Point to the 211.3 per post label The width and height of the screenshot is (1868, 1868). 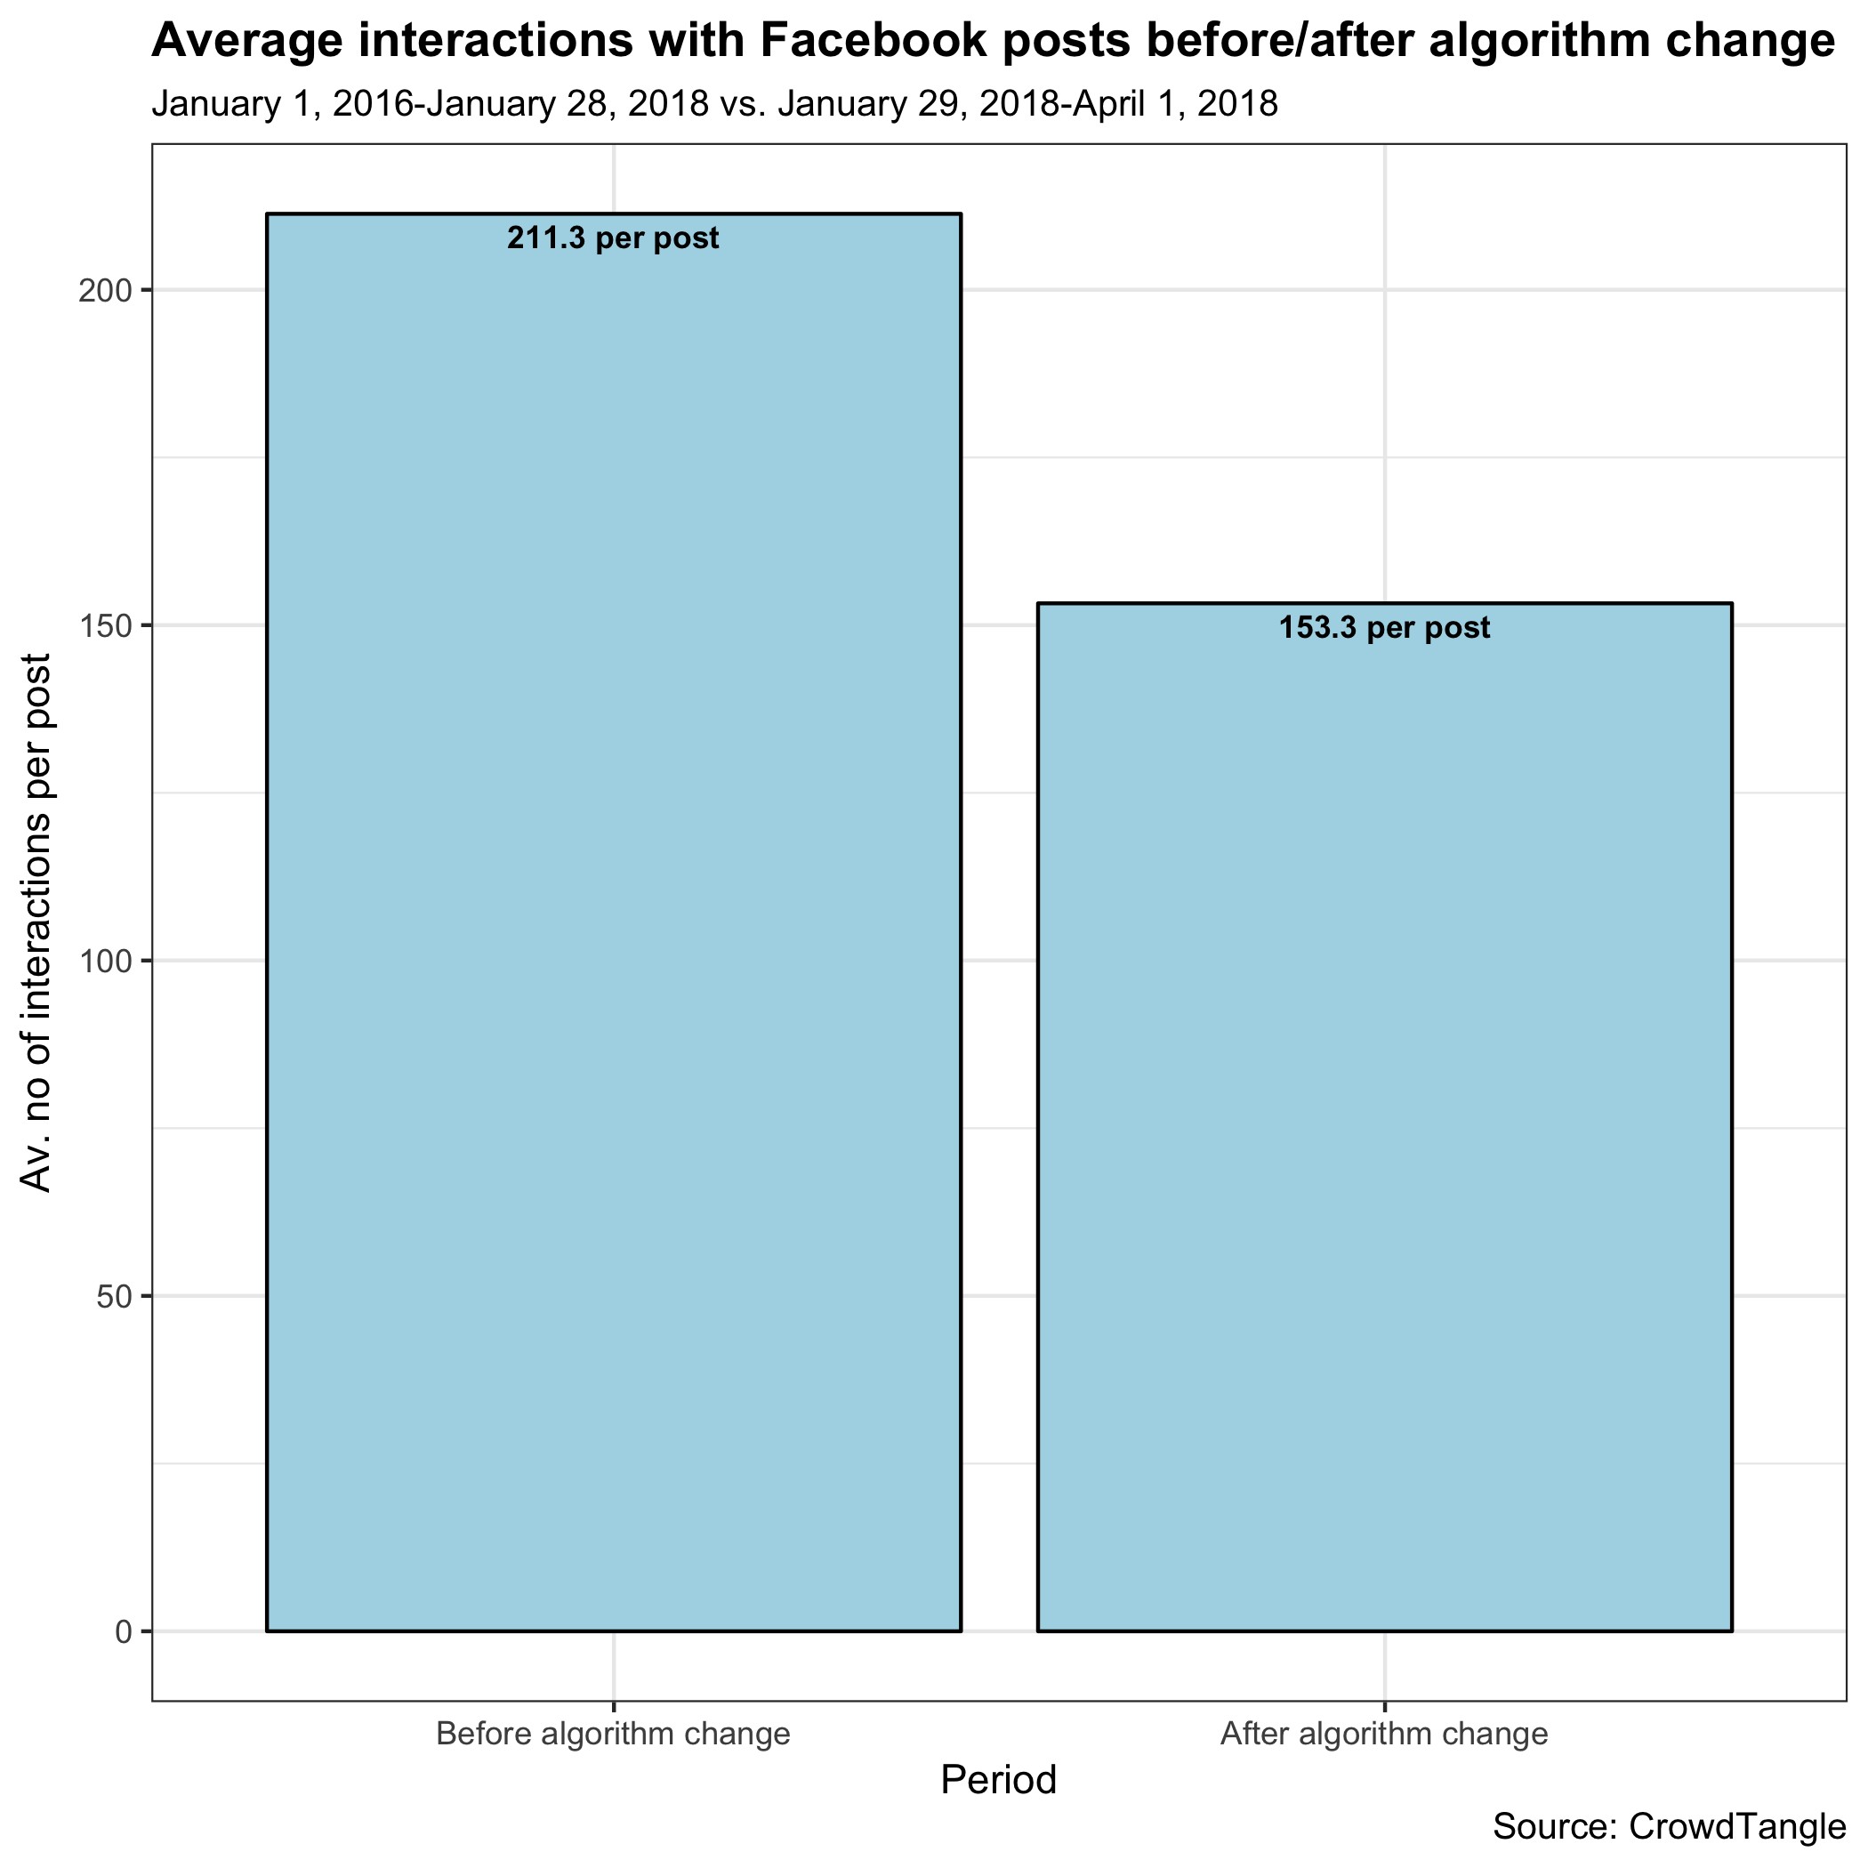point(613,238)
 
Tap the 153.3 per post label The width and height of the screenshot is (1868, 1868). point(1385,629)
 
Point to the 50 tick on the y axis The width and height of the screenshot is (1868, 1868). point(118,1297)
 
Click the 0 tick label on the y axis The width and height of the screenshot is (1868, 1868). point(125,1632)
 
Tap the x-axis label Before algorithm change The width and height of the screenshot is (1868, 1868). point(613,1734)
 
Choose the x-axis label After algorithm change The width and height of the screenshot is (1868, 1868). point(1385,1734)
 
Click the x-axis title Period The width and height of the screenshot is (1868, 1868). point(999,1780)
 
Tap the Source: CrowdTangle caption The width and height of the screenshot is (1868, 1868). point(1669,1826)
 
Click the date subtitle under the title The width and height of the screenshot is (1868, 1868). point(714,103)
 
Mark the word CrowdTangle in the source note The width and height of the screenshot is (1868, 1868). point(1737,1826)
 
